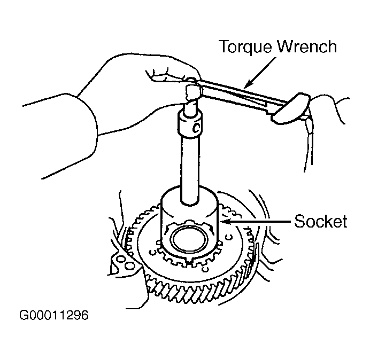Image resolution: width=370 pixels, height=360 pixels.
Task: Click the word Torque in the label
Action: pos(245,47)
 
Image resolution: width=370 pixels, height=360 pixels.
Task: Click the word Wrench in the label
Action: pos(307,46)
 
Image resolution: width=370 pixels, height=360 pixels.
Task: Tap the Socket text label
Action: pos(320,221)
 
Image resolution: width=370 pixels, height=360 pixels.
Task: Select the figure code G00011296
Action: pos(54,315)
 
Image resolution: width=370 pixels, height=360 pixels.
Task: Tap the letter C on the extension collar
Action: pos(196,128)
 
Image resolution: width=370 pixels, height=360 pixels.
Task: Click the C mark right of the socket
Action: pos(228,237)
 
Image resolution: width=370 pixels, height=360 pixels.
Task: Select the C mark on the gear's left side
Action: pos(152,253)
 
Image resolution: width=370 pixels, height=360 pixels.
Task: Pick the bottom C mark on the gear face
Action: pos(205,269)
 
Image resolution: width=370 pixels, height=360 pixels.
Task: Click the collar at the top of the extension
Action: pos(190,123)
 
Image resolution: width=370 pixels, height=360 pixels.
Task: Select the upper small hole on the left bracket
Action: pos(121,260)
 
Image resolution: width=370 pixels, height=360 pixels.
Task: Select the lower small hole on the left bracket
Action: pos(129,266)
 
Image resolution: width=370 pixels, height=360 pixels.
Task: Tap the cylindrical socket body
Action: pos(190,222)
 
